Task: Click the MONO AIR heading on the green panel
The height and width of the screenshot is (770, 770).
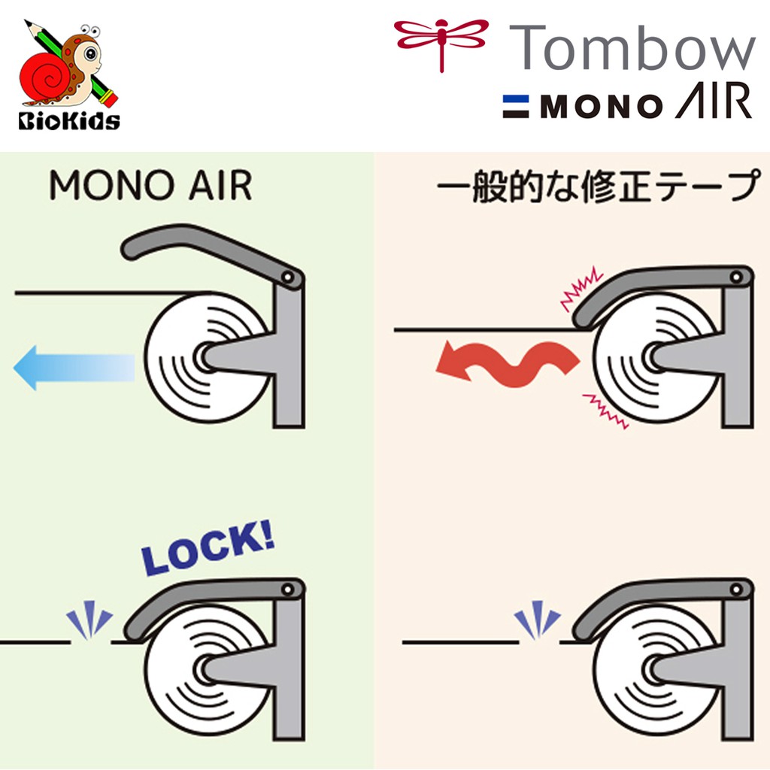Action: (x=150, y=186)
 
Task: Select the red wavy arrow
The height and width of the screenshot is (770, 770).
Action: (x=508, y=360)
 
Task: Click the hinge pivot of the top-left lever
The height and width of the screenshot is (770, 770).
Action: (x=288, y=277)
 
